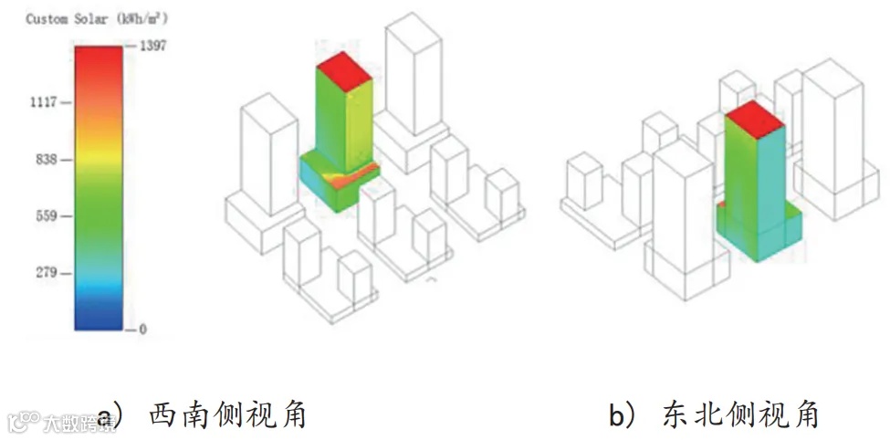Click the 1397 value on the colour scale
click(152, 46)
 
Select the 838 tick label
click(47, 160)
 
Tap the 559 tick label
click(47, 216)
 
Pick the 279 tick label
click(47, 273)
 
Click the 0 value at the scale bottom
click(142, 329)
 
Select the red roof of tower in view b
click(755, 119)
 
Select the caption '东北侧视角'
click(739, 415)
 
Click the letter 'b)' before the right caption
click(623, 416)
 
